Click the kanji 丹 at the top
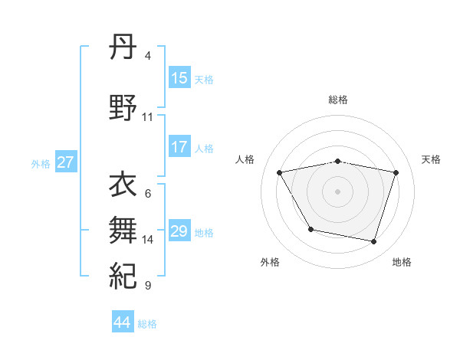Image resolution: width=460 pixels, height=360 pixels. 123,50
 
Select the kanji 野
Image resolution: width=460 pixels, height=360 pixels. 123,107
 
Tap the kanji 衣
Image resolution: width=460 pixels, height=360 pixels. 123,186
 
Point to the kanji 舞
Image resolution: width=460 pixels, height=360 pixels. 123,228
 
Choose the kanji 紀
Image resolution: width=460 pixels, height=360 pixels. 123,274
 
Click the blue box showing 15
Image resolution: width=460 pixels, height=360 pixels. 179,78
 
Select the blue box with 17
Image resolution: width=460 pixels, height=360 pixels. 179,147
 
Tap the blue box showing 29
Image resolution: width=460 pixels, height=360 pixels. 179,231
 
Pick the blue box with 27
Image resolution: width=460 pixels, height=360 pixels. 66,162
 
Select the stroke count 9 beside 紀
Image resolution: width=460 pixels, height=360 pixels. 148,286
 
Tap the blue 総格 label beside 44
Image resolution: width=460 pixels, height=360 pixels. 147,324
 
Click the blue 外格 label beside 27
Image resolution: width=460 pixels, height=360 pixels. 41,163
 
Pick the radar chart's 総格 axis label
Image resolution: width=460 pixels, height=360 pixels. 338,100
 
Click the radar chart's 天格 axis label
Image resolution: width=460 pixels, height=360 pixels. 432,159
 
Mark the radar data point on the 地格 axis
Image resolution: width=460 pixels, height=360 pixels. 374,242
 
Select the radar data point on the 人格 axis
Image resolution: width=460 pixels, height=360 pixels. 280,172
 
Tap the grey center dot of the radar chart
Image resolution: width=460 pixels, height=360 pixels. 338,191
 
